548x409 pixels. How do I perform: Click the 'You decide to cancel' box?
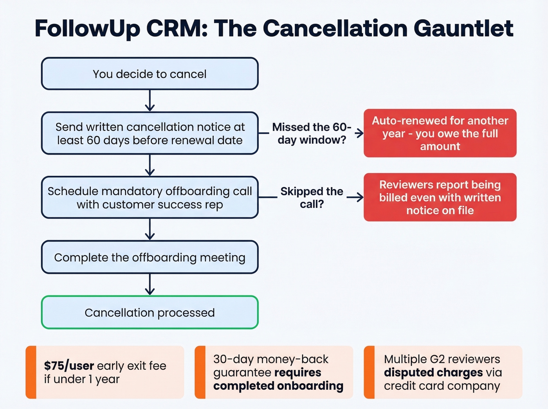[x=150, y=74]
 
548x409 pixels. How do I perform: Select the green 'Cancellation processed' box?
[x=150, y=312]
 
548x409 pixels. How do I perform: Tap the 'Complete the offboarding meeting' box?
[x=150, y=257]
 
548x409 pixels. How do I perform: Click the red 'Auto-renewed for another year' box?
[x=440, y=133]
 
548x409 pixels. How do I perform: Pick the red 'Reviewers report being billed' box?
[x=440, y=197]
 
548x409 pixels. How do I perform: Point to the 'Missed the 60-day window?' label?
[x=312, y=133]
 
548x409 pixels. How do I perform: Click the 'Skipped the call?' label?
[x=312, y=197]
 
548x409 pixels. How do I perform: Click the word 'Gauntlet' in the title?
[x=463, y=28]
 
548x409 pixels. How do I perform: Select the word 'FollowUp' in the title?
[x=87, y=28]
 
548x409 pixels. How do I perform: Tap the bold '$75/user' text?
[x=69, y=366]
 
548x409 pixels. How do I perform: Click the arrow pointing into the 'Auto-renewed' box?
[x=359, y=133]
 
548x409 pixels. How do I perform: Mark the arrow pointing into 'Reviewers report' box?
[x=355, y=197]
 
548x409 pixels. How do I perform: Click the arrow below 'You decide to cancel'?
[x=150, y=101]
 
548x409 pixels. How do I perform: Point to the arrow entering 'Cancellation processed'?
[x=150, y=285]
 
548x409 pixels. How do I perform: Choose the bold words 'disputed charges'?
[x=433, y=372]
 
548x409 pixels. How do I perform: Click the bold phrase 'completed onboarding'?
[x=278, y=386]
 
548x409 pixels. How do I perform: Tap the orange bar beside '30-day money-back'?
[x=200, y=372]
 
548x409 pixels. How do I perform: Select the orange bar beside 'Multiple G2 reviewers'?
[x=369, y=372]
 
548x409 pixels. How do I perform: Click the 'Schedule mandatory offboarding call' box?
[x=150, y=197]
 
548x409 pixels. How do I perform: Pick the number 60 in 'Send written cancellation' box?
[x=94, y=140]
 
